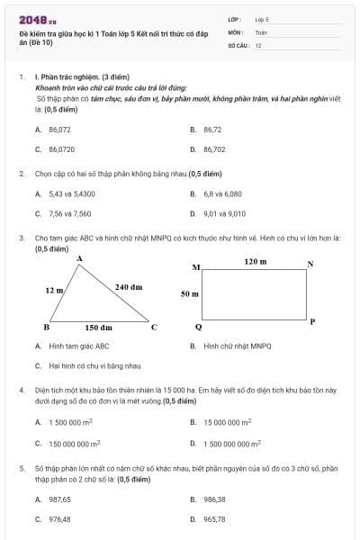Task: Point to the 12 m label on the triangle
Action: click(x=54, y=291)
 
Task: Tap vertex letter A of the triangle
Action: click(x=80, y=258)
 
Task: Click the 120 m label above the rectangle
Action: click(x=256, y=261)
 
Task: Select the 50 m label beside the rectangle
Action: click(x=189, y=293)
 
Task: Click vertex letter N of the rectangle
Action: click(x=310, y=264)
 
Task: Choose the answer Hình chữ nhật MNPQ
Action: click(x=237, y=346)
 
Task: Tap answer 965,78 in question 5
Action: click(x=214, y=518)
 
